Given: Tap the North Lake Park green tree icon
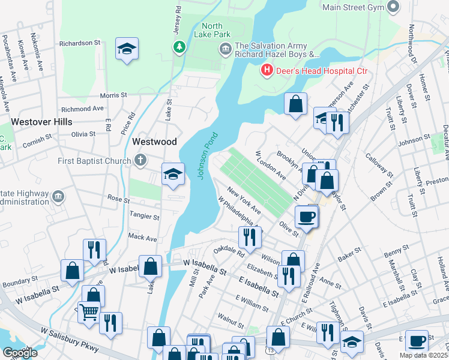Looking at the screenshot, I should [178, 47].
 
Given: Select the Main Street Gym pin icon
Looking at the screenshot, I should [394, 7].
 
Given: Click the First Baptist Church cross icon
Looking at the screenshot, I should [140, 160].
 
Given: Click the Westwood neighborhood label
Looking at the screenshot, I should [154, 142].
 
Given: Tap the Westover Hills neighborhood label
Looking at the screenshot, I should [41, 122].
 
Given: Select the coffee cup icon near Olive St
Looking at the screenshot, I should [306, 217].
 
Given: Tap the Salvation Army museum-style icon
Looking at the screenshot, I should [226, 50].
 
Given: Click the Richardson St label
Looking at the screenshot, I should [80, 43].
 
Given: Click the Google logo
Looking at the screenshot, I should [20, 353].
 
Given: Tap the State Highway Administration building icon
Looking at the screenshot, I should [58, 196].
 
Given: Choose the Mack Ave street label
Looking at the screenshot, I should [142, 238].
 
